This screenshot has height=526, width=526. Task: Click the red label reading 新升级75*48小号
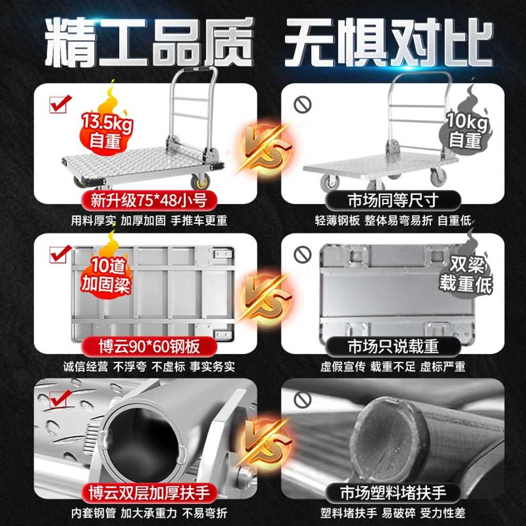149,200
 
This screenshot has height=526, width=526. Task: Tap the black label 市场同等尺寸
393,200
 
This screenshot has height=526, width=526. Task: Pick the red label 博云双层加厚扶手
149,493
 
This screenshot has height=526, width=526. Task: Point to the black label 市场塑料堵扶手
393,493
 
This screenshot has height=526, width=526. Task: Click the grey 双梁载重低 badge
466,268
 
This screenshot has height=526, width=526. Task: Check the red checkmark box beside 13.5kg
60,104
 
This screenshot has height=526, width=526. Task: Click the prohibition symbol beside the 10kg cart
302,105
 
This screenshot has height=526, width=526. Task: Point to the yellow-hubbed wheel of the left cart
200,183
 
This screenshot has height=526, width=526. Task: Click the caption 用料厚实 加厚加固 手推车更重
149,221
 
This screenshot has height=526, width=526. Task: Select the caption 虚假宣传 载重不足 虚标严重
393,367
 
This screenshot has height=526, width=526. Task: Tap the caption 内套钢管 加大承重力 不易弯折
149,513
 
